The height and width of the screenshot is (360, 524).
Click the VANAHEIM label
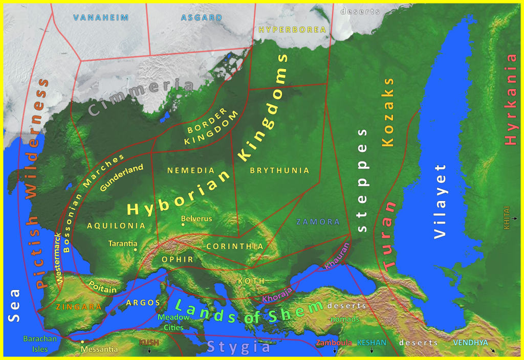coord(101,17)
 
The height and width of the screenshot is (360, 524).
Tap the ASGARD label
coord(202,17)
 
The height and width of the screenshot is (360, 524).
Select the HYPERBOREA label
coord(292,29)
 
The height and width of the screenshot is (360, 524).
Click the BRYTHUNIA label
coord(279,170)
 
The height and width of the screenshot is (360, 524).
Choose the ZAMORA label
coord(318,222)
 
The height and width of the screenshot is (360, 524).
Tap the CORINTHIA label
coord(235,246)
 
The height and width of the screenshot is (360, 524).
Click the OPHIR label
coord(178,259)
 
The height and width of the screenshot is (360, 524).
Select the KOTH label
coord(251,281)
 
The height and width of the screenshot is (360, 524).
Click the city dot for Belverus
coord(183,224)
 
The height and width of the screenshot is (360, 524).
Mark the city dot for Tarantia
coord(135,250)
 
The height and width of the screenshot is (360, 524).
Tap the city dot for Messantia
coord(82,342)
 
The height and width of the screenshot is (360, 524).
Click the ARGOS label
coord(143,303)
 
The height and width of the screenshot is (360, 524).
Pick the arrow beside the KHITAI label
coord(515,218)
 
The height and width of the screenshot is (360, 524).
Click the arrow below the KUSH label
coord(149,351)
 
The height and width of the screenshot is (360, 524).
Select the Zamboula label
coord(334,343)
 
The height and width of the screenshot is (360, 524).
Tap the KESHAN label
coord(372,343)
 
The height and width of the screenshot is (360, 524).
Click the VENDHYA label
coord(470,342)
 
